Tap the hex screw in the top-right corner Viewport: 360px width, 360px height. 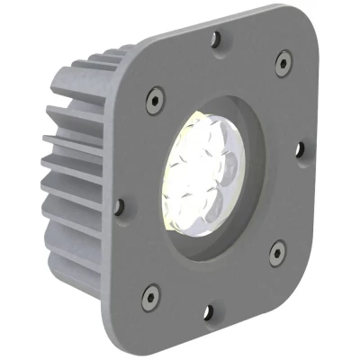click(x=283, y=61)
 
